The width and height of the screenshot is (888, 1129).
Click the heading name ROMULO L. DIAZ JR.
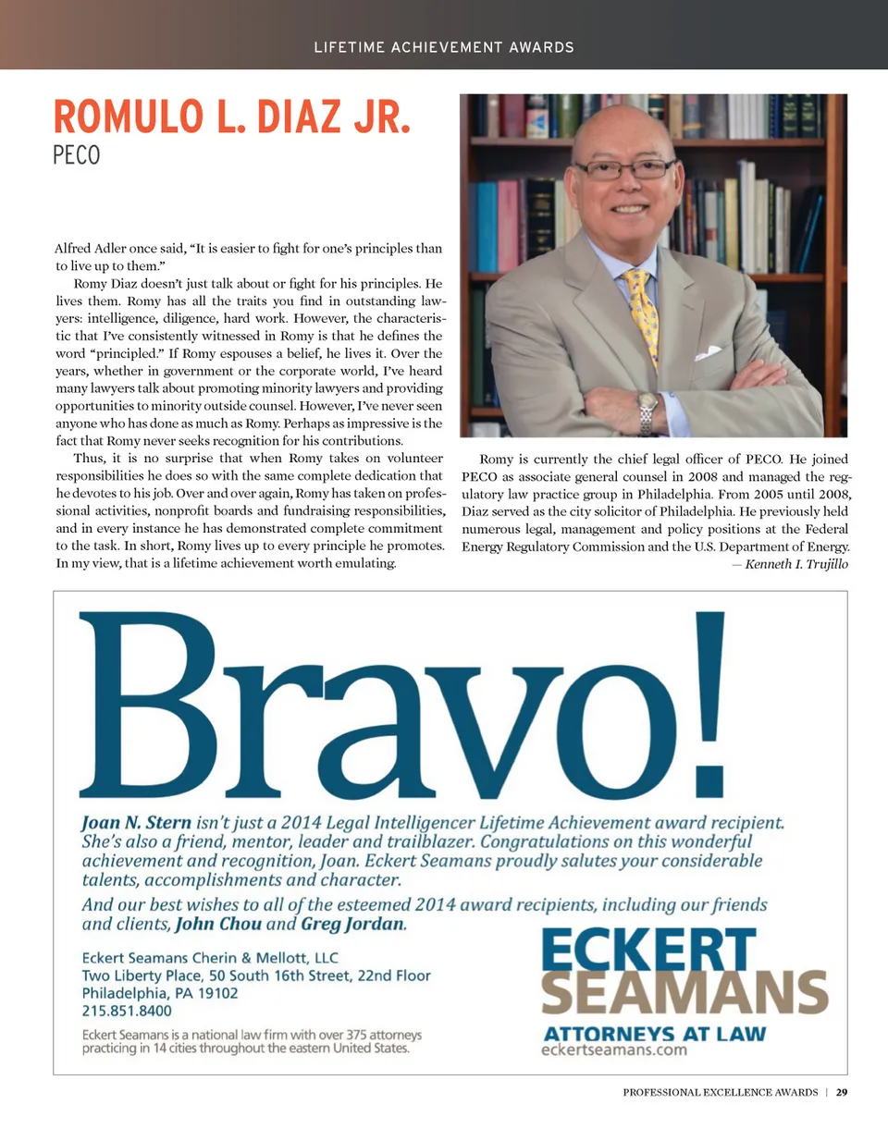click(x=231, y=117)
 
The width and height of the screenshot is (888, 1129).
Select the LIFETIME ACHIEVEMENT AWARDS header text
click(x=444, y=47)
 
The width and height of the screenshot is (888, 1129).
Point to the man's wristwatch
click(x=647, y=411)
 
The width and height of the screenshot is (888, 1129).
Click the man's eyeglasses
click(x=624, y=169)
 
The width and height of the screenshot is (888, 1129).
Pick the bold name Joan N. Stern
click(x=137, y=821)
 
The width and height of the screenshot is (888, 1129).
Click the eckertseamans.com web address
click(x=614, y=1050)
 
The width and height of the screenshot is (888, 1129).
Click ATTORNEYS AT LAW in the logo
click(x=653, y=1033)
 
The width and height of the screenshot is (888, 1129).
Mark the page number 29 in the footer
click(x=841, y=1093)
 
